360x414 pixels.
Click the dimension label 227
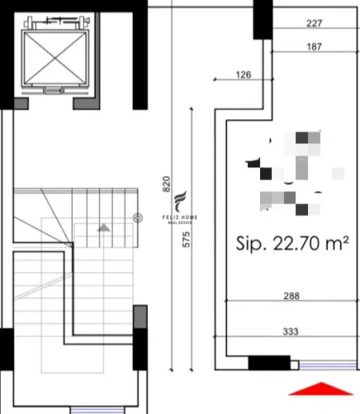pyautogui.click(x=314, y=23)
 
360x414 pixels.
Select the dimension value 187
pyautogui.click(x=314, y=47)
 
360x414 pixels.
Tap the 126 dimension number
pyautogui.click(x=243, y=75)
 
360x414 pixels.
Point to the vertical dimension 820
pyautogui.click(x=166, y=183)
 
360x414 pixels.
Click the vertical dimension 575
pyautogui.click(x=186, y=239)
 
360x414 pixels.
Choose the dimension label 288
pyautogui.click(x=291, y=295)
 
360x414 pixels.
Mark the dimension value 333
pyautogui.click(x=291, y=330)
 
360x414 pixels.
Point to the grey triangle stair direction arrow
pyautogui.click(x=103, y=228)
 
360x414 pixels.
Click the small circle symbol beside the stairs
pyautogui.click(x=138, y=217)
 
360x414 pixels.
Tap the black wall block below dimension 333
pyautogui.click(x=270, y=363)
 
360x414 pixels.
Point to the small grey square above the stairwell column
pyautogui.click(x=140, y=316)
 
